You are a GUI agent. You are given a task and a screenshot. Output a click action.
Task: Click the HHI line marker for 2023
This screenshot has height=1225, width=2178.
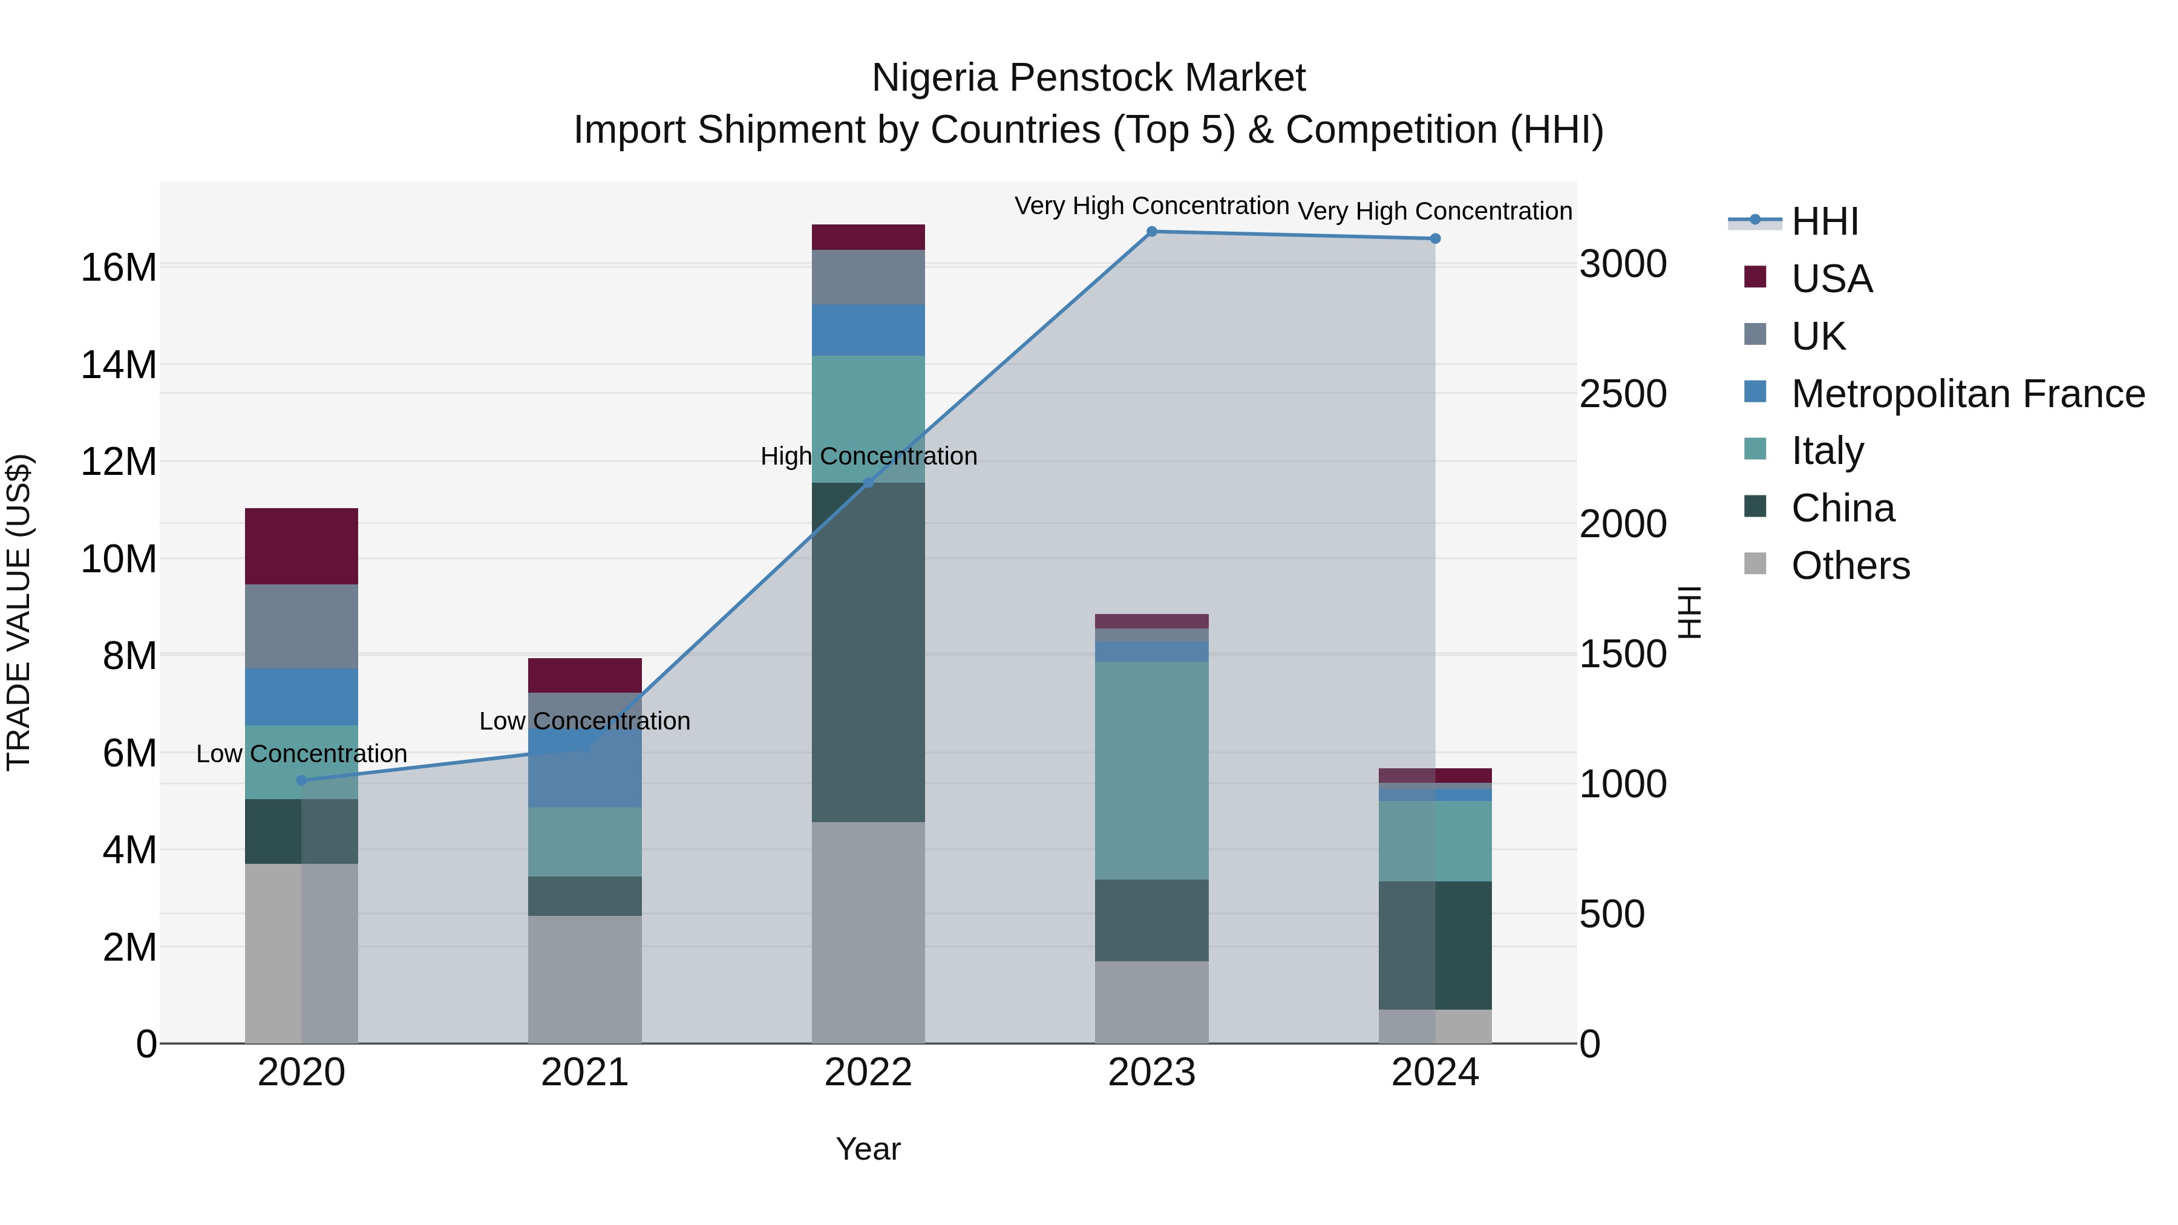click(1151, 232)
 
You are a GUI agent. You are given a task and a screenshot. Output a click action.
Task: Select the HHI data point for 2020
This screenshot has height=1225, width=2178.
click(302, 780)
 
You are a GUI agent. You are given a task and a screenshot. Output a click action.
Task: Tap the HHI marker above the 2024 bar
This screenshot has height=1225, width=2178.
click(1435, 239)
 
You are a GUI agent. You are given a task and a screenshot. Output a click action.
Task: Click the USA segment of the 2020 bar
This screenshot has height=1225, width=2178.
click(302, 546)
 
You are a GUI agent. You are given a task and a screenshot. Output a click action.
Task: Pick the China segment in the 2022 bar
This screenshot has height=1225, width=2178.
click(868, 652)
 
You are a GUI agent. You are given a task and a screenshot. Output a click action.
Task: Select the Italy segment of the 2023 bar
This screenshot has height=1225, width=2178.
click(1151, 770)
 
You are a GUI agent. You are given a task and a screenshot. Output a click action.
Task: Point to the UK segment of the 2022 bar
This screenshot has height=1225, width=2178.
click(868, 277)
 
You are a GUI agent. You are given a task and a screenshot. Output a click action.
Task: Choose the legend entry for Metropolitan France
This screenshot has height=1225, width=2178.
click(1967, 394)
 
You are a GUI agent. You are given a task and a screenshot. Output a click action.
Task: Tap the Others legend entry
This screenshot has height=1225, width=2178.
click(1850, 566)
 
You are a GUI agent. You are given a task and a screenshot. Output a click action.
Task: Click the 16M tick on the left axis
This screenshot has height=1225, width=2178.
click(119, 268)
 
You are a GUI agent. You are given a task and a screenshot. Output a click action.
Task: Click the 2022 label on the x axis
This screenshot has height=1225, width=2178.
click(868, 1073)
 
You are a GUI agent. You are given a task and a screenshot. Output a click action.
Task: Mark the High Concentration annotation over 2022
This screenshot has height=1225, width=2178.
click(868, 457)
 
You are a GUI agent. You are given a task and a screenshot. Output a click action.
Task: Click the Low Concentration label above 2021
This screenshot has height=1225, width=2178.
click(585, 721)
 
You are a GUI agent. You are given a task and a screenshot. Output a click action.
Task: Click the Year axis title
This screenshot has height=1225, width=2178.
click(868, 1149)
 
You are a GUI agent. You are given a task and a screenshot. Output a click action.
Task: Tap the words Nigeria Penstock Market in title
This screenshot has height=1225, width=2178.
click(1088, 78)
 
